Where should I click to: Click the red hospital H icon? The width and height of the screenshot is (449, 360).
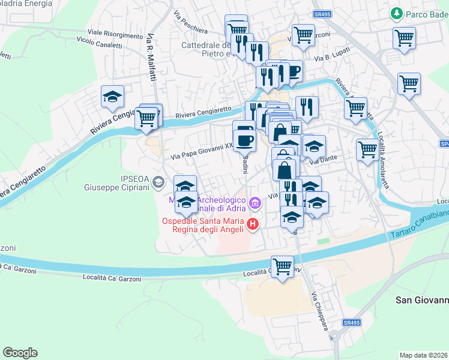pyautogui.click(x=253, y=225)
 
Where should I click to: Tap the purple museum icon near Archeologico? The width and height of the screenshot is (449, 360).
pyautogui.click(x=255, y=203)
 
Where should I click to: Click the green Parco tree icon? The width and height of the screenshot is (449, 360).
pyautogui.click(x=396, y=13)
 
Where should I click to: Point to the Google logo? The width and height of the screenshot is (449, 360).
pyautogui.click(x=20, y=353)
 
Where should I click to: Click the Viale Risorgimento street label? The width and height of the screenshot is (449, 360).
pyautogui.click(x=115, y=33)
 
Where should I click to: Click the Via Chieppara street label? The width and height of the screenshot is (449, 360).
pyautogui.click(x=318, y=311)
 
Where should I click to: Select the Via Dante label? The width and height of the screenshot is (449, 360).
pyautogui.click(x=321, y=161)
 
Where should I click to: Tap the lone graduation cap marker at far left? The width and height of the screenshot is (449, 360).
pyautogui.click(x=112, y=97)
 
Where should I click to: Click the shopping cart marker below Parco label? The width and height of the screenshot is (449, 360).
pyautogui.click(x=405, y=38)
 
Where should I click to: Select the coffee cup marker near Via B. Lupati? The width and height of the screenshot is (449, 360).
pyautogui.click(x=292, y=71)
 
